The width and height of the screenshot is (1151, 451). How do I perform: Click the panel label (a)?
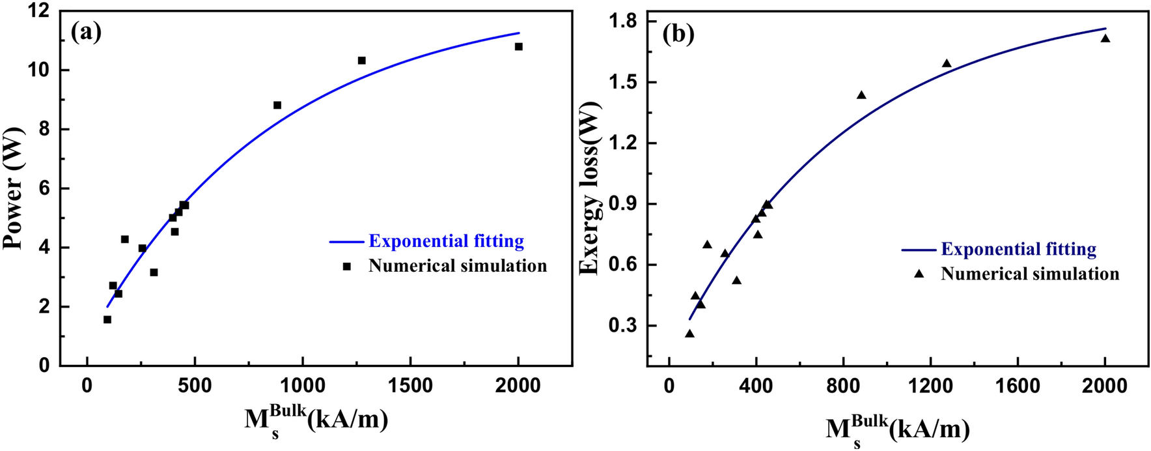87,31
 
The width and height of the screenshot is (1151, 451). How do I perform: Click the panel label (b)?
678,33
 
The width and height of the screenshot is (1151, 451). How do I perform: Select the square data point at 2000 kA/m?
519,46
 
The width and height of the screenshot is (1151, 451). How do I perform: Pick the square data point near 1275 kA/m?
362,61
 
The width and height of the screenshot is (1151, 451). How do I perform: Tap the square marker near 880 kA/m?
277,105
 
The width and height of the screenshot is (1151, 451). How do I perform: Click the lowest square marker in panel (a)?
107,319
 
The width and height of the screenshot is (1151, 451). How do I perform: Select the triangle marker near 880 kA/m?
861,95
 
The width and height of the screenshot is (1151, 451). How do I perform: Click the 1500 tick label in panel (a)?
410,385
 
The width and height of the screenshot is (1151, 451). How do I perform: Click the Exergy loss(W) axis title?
589,188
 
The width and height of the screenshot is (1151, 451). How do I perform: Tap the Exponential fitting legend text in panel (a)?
446,241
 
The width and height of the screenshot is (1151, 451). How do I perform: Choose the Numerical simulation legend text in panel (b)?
1030,274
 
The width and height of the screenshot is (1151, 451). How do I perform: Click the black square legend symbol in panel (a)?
347,266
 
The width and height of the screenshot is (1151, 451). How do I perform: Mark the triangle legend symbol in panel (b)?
919,274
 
